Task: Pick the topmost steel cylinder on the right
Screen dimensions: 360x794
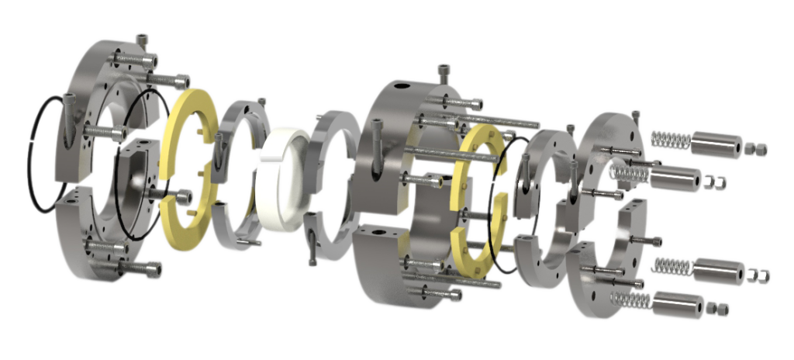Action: point(715,143)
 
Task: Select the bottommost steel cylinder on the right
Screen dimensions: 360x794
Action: point(677,303)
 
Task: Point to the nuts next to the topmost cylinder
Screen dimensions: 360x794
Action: point(755,147)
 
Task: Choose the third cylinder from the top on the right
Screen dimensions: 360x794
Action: point(717,272)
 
